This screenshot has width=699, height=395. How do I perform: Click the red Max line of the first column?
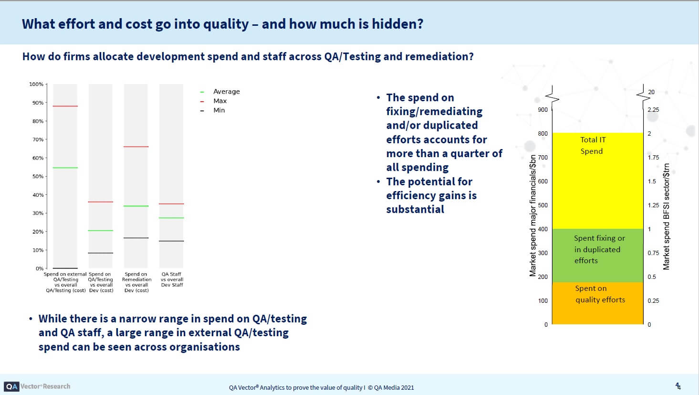65,106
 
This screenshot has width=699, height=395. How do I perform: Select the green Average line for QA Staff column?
171,218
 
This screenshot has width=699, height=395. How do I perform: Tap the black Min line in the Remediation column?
136,238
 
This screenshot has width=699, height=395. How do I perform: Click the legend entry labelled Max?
219,101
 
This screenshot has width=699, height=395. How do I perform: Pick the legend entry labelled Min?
219,110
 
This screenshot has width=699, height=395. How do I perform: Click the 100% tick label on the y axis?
36,84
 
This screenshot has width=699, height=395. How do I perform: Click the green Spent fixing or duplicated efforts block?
597,256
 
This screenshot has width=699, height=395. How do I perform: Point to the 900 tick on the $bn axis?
543,109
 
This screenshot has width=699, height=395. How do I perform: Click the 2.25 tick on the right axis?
653,109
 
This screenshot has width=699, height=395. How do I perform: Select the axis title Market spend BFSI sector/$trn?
667,216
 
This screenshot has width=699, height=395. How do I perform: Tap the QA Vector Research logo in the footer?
37,386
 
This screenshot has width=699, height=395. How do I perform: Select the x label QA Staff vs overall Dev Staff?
172,279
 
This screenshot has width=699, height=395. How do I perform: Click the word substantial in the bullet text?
415,209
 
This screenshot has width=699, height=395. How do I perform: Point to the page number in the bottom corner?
678,386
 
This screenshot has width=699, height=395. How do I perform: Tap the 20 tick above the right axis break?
651,92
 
